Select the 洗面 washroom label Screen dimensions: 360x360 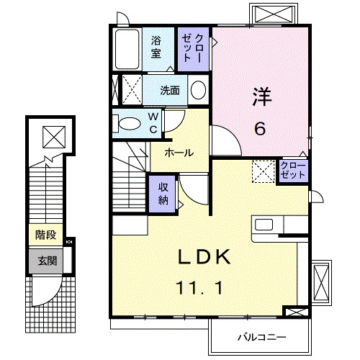coord(170,90)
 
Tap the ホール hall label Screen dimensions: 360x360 coord(179,153)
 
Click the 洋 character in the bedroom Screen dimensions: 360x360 coord(260,96)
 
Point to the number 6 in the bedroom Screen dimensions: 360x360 coord(260,129)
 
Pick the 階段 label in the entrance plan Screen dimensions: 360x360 coord(45,235)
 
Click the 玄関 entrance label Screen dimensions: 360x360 coord(45,260)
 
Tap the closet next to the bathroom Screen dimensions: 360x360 coord(193,49)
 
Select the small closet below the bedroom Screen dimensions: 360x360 coord(293,171)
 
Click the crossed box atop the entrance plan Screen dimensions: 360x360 coord(52,135)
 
